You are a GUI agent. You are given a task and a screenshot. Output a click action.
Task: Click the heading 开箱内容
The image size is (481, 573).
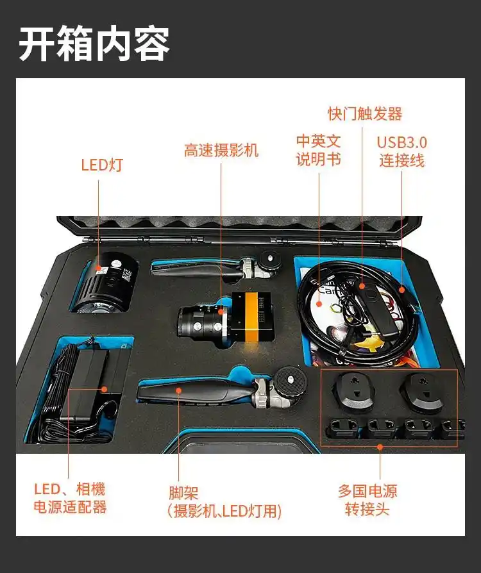pos(94,44)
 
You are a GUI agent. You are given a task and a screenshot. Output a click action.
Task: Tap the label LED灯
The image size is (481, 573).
pos(102,165)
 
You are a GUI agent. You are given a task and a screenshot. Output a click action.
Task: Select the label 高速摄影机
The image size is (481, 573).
pos(221,150)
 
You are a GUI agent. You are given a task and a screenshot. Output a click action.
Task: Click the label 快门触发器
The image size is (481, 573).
pos(365,113)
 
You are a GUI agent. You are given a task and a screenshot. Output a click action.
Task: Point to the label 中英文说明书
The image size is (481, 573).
pos(319,150)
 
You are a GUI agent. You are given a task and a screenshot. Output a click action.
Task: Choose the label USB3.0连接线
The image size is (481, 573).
pos(402,152)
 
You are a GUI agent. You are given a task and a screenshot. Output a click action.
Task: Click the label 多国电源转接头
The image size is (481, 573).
pos(367,500)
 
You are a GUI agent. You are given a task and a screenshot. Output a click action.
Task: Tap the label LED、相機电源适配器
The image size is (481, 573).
pos(70,498)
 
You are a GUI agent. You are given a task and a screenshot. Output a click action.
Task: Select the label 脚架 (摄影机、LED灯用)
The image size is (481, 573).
pos(224,502)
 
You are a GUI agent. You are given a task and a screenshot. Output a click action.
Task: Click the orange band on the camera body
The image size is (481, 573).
pos(252,317)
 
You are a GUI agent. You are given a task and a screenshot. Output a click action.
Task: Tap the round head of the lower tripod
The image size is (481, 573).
pos(290,381)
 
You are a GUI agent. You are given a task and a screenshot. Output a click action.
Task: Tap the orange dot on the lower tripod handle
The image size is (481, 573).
pos(178,390)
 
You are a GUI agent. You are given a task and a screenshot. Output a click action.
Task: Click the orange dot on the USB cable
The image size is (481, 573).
pos(401,290)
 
